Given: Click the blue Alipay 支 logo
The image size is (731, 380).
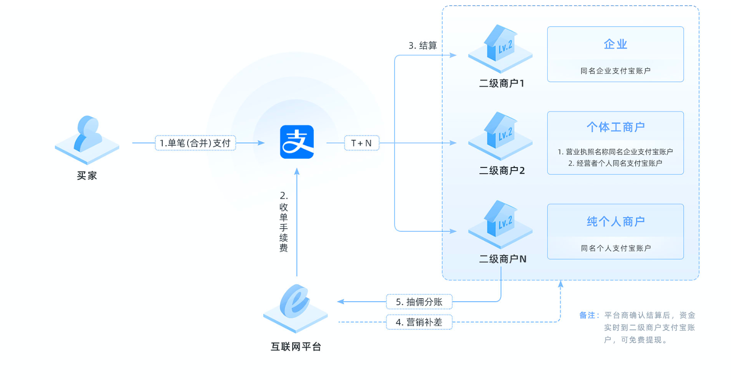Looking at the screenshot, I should click(x=297, y=142).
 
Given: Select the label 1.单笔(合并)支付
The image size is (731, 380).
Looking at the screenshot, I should click(x=195, y=143).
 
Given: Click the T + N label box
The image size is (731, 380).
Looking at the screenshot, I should click(x=361, y=143).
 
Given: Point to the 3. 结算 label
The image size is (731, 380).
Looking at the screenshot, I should click(x=423, y=45).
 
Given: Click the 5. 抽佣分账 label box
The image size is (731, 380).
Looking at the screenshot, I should click(x=419, y=302).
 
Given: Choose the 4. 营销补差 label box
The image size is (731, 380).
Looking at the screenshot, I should click(x=419, y=322).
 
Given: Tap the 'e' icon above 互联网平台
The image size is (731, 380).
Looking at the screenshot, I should click(x=295, y=304).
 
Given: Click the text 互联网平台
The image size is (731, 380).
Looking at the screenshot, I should click(x=296, y=347).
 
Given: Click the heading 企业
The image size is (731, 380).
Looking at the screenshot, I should click(x=615, y=44).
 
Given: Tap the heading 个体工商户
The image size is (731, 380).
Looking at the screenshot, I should click(x=615, y=127).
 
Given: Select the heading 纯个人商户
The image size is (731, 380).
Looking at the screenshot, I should click(x=615, y=222).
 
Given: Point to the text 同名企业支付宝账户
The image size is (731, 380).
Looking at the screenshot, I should click(x=615, y=71).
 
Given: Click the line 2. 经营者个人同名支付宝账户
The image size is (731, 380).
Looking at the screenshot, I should click(x=615, y=163).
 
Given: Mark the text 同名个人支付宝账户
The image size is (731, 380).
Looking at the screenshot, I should click(x=615, y=248).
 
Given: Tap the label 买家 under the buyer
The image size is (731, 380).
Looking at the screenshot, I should click(x=87, y=176).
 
